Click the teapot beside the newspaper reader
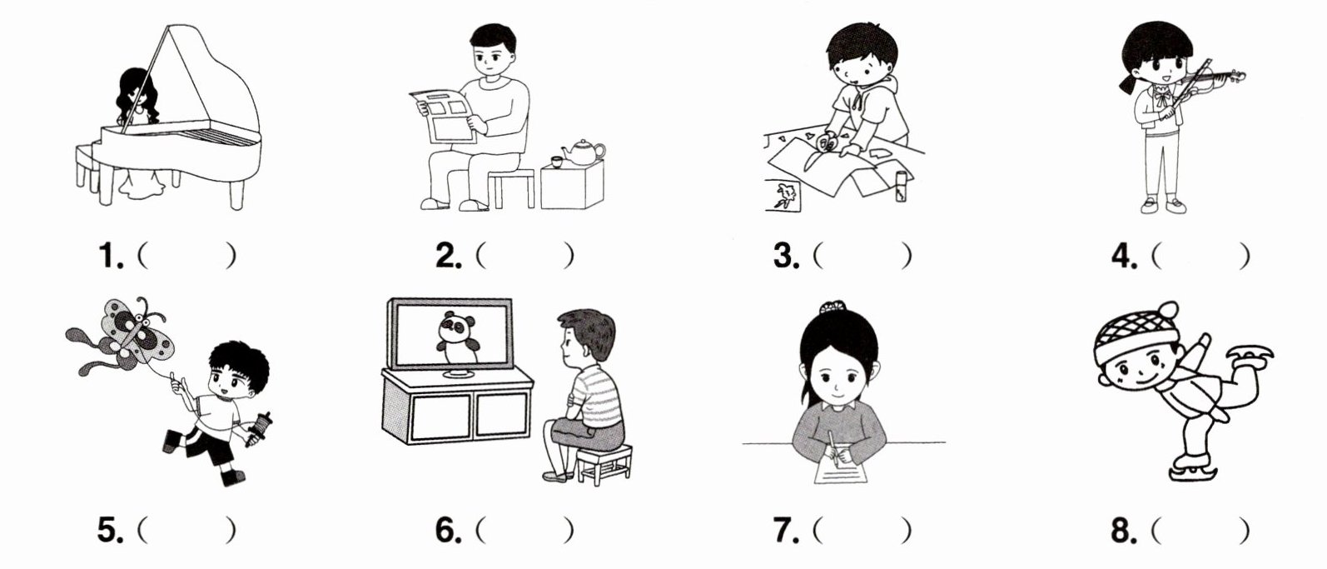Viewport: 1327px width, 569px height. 583,152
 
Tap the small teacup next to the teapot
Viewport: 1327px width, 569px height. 557,162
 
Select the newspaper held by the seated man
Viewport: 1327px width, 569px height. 444,117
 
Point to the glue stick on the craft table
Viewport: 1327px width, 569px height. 901,187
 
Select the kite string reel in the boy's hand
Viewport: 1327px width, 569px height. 261,428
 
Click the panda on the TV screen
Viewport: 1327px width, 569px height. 456,337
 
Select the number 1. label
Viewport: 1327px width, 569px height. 111,256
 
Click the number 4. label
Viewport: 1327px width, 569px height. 1124,256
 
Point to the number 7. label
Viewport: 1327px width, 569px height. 786,530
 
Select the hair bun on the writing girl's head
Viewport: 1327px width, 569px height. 832,307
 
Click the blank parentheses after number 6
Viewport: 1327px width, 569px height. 524,530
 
